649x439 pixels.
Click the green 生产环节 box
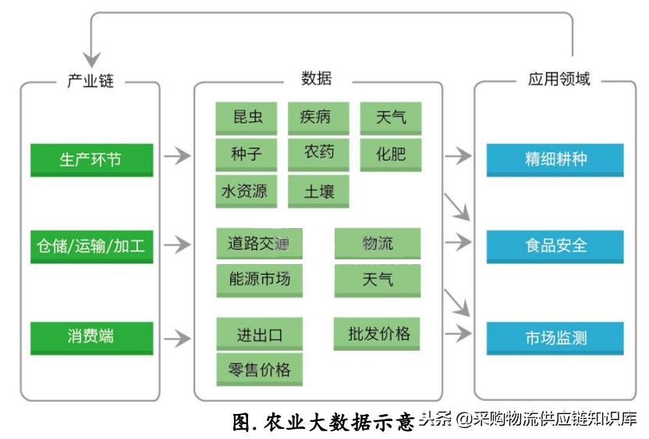pyautogui.click(x=90, y=159)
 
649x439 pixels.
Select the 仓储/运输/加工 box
pyautogui.click(x=90, y=246)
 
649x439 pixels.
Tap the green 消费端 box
pyautogui.click(x=90, y=337)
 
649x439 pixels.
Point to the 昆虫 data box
pyautogui.click(x=247, y=118)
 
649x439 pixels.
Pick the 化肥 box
pyautogui.click(x=390, y=153)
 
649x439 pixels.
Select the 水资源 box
pyautogui.click(x=247, y=191)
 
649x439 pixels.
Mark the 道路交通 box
pyautogui.click(x=258, y=243)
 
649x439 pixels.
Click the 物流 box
pyautogui.click(x=378, y=243)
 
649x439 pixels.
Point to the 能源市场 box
pyautogui.click(x=258, y=280)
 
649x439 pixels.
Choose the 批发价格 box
pyautogui.click(x=378, y=334)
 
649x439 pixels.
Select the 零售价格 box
pyautogui.click(x=258, y=369)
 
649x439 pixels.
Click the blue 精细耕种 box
pyautogui.click(x=555, y=159)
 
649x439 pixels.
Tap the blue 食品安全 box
pyautogui.click(x=555, y=246)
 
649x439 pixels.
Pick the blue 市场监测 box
pyautogui.click(x=555, y=338)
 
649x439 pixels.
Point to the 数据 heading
pyautogui.click(x=316, y=78)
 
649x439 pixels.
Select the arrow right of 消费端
pyautogui.click(x=177, y=338)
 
